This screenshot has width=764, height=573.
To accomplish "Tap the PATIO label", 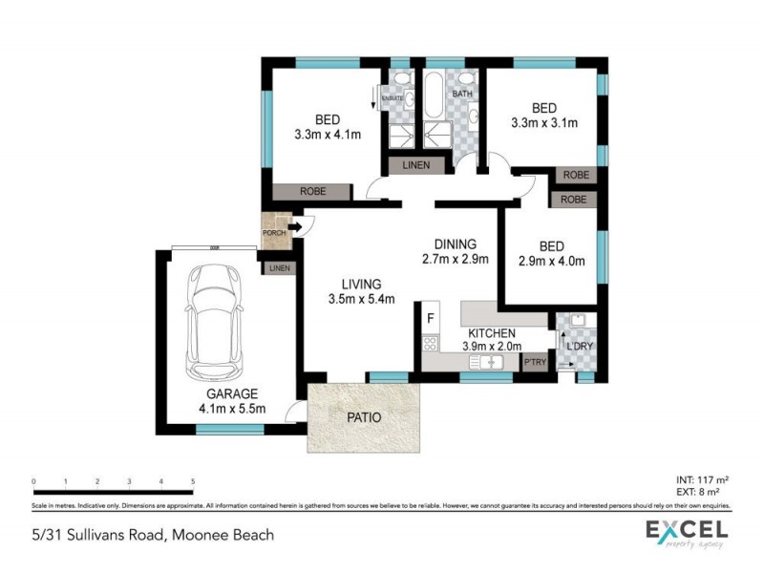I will [363, 417].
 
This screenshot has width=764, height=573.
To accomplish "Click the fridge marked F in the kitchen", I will [431, 317].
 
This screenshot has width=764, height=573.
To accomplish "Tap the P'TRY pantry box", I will [535, 363].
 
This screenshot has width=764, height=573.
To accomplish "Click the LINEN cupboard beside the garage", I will [279, 268].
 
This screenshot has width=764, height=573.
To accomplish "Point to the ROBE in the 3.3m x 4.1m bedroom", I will [312, 192].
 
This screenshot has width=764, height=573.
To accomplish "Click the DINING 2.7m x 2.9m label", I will [455, 251].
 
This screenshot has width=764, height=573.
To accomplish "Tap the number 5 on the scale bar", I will [193, 482].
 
